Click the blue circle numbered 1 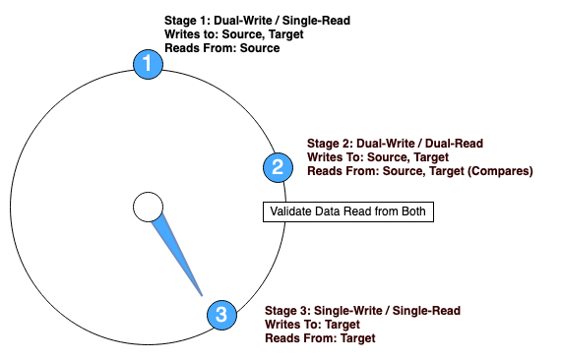click(x=148, y=65)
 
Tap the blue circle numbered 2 click(x=277, y=166)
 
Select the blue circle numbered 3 click(x=220, y=316)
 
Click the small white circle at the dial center click(x=148, y=207)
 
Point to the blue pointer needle click(x=179, y=255)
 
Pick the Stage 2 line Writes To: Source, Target click(x=378, y=156)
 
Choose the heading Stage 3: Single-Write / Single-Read click(x=362, y=311)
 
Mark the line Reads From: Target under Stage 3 click(x=320, y=338)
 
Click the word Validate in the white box click(x=292, y=211)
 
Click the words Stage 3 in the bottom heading click(x=287, y=311)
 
